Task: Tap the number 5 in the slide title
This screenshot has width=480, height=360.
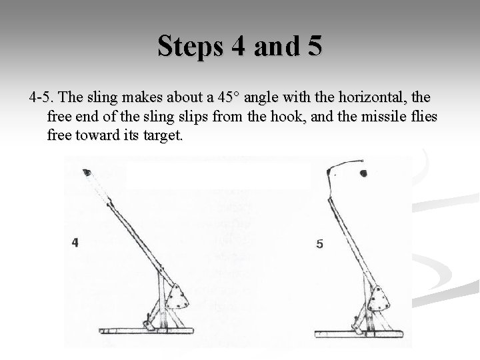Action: (313, 47)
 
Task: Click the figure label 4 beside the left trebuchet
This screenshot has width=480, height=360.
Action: (75, 243)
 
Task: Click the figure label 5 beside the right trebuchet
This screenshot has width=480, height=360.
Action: (320, 245)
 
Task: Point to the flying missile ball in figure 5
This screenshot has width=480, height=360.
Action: (365, 175)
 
